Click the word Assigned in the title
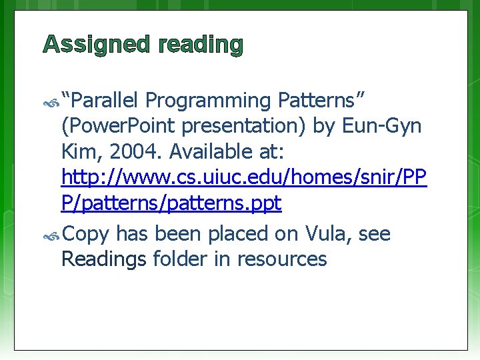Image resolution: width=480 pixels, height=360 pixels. pos(97,45)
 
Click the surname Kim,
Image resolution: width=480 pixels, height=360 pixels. pos(81,152)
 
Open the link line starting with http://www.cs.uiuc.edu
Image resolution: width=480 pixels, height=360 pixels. pos(243,178)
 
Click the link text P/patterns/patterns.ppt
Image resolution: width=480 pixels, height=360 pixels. pos(171,204)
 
